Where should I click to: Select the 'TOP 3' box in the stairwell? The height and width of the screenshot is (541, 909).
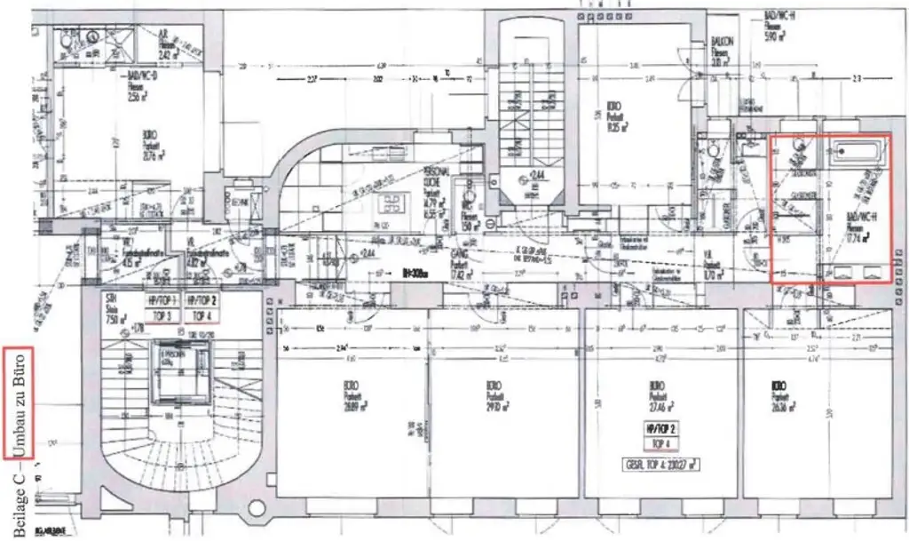coord(163,315)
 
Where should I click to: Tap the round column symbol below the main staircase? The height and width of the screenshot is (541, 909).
coord(257,509)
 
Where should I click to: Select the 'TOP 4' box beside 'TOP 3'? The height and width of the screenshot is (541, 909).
coord(203,315)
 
